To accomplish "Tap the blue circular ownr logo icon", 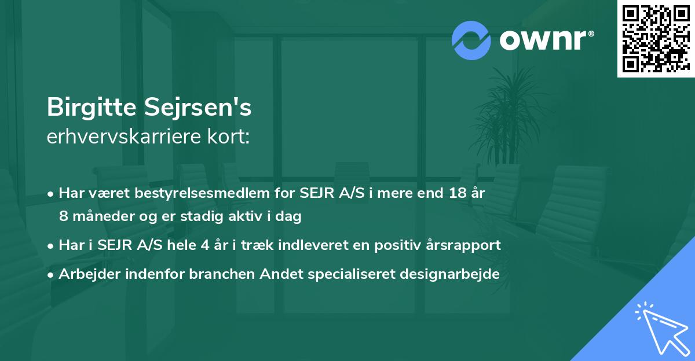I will coord(471,40).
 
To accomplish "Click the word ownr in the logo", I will coord(546,40).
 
